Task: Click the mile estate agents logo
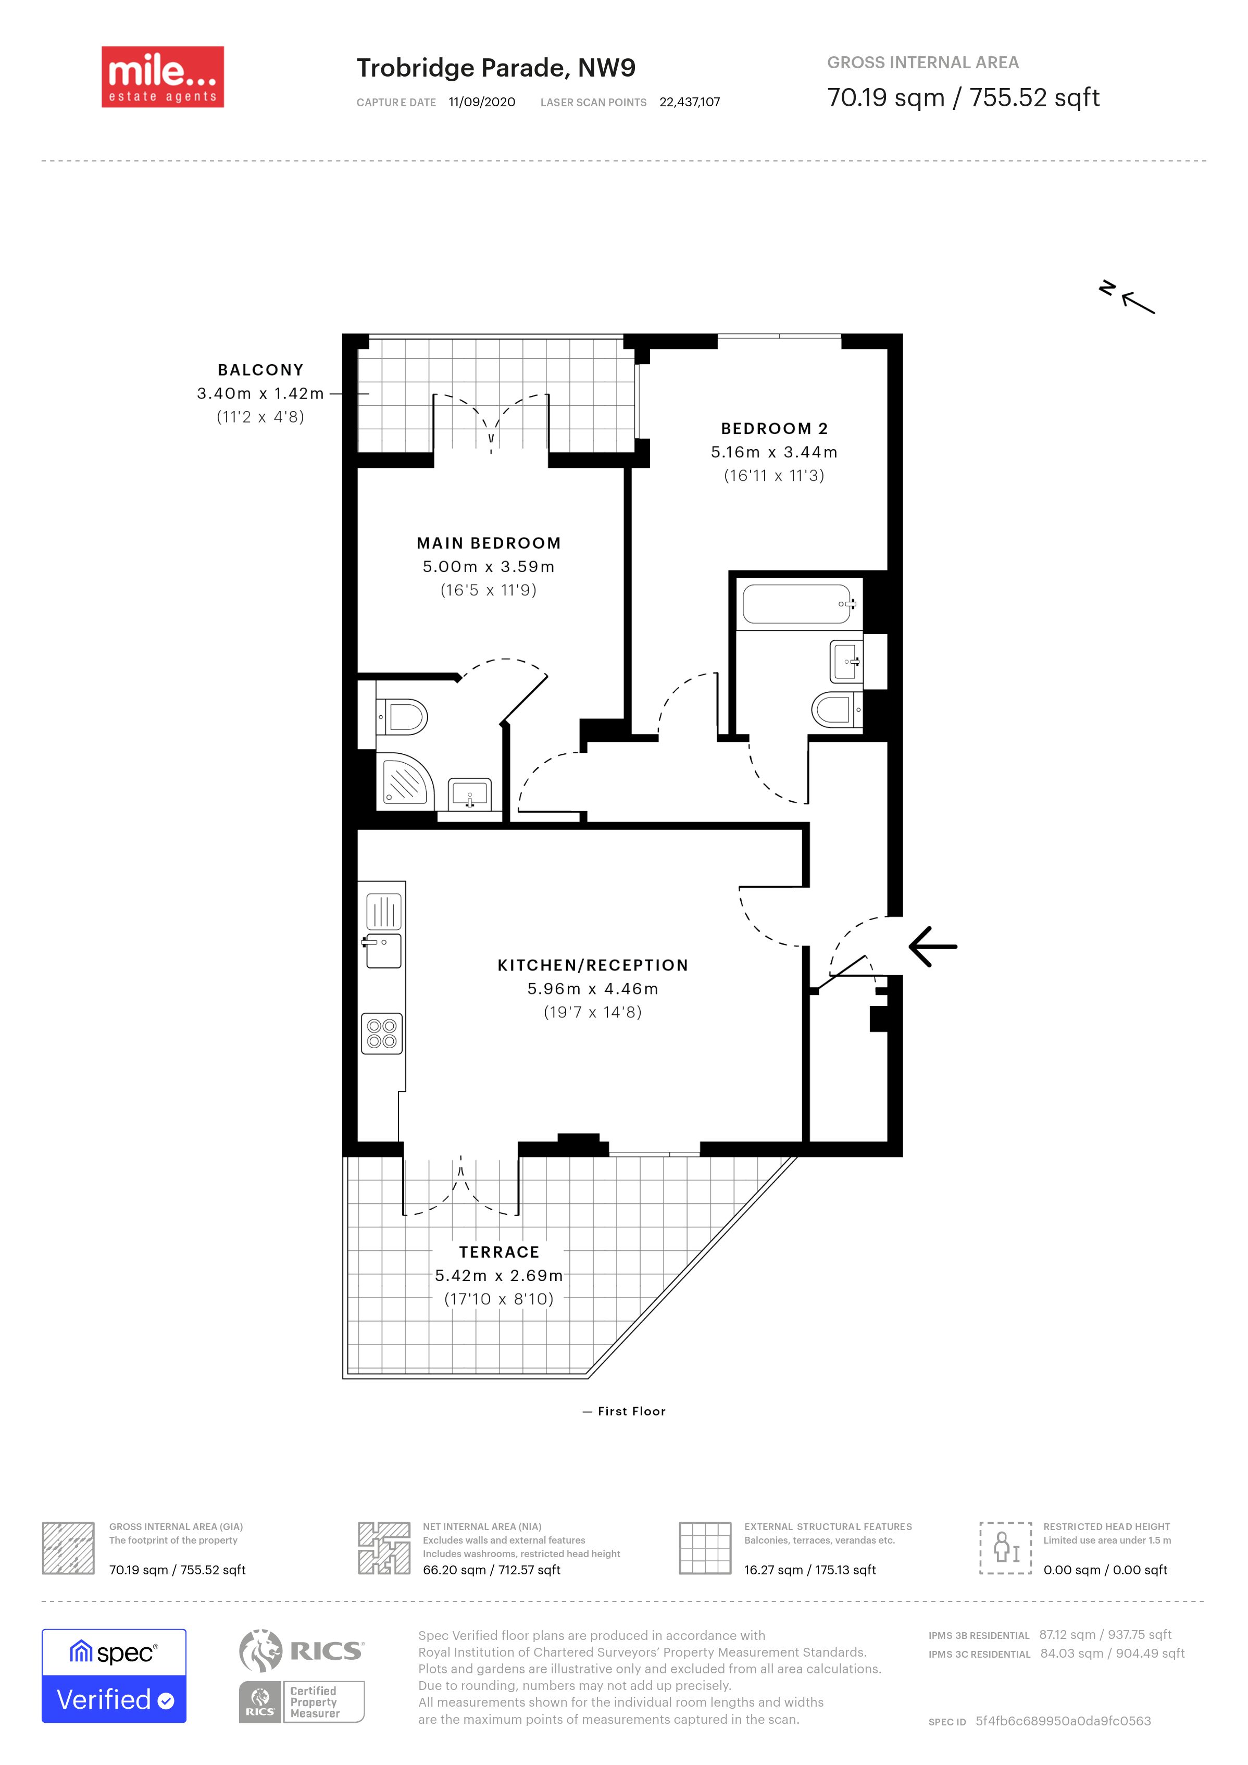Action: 163,77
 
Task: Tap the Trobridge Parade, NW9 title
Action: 496,68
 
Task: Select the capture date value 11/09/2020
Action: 482,102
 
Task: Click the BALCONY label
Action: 260,370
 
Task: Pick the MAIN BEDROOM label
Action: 489,543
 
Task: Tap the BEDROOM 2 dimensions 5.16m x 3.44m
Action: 774,452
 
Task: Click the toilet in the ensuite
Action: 401,717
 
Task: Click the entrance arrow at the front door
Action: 933,946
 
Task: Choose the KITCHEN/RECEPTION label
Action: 593,965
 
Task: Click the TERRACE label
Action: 500,1252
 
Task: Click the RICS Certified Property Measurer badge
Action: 302,1676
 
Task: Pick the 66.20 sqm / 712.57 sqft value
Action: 492,1570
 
